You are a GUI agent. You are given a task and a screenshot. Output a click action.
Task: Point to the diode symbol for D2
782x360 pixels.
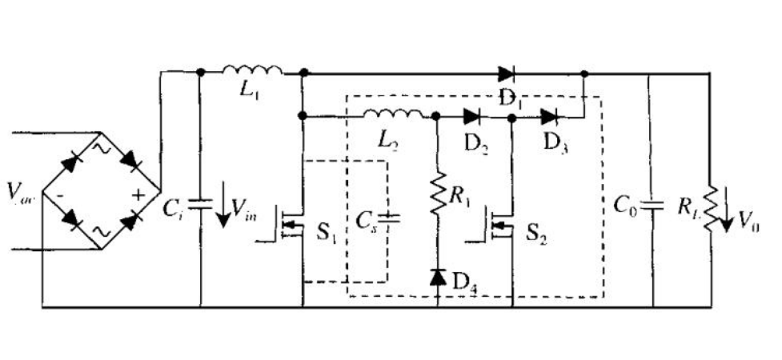tap(472, 116)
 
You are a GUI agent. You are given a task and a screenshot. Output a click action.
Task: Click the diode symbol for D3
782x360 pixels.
tap(549, 116)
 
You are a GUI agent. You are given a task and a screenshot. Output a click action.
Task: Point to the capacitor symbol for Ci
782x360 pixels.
tap(199, 205)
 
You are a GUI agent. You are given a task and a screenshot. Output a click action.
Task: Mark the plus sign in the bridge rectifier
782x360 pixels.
tap(138, 193)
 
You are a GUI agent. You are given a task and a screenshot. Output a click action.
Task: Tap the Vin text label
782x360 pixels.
tap(243, 210)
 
